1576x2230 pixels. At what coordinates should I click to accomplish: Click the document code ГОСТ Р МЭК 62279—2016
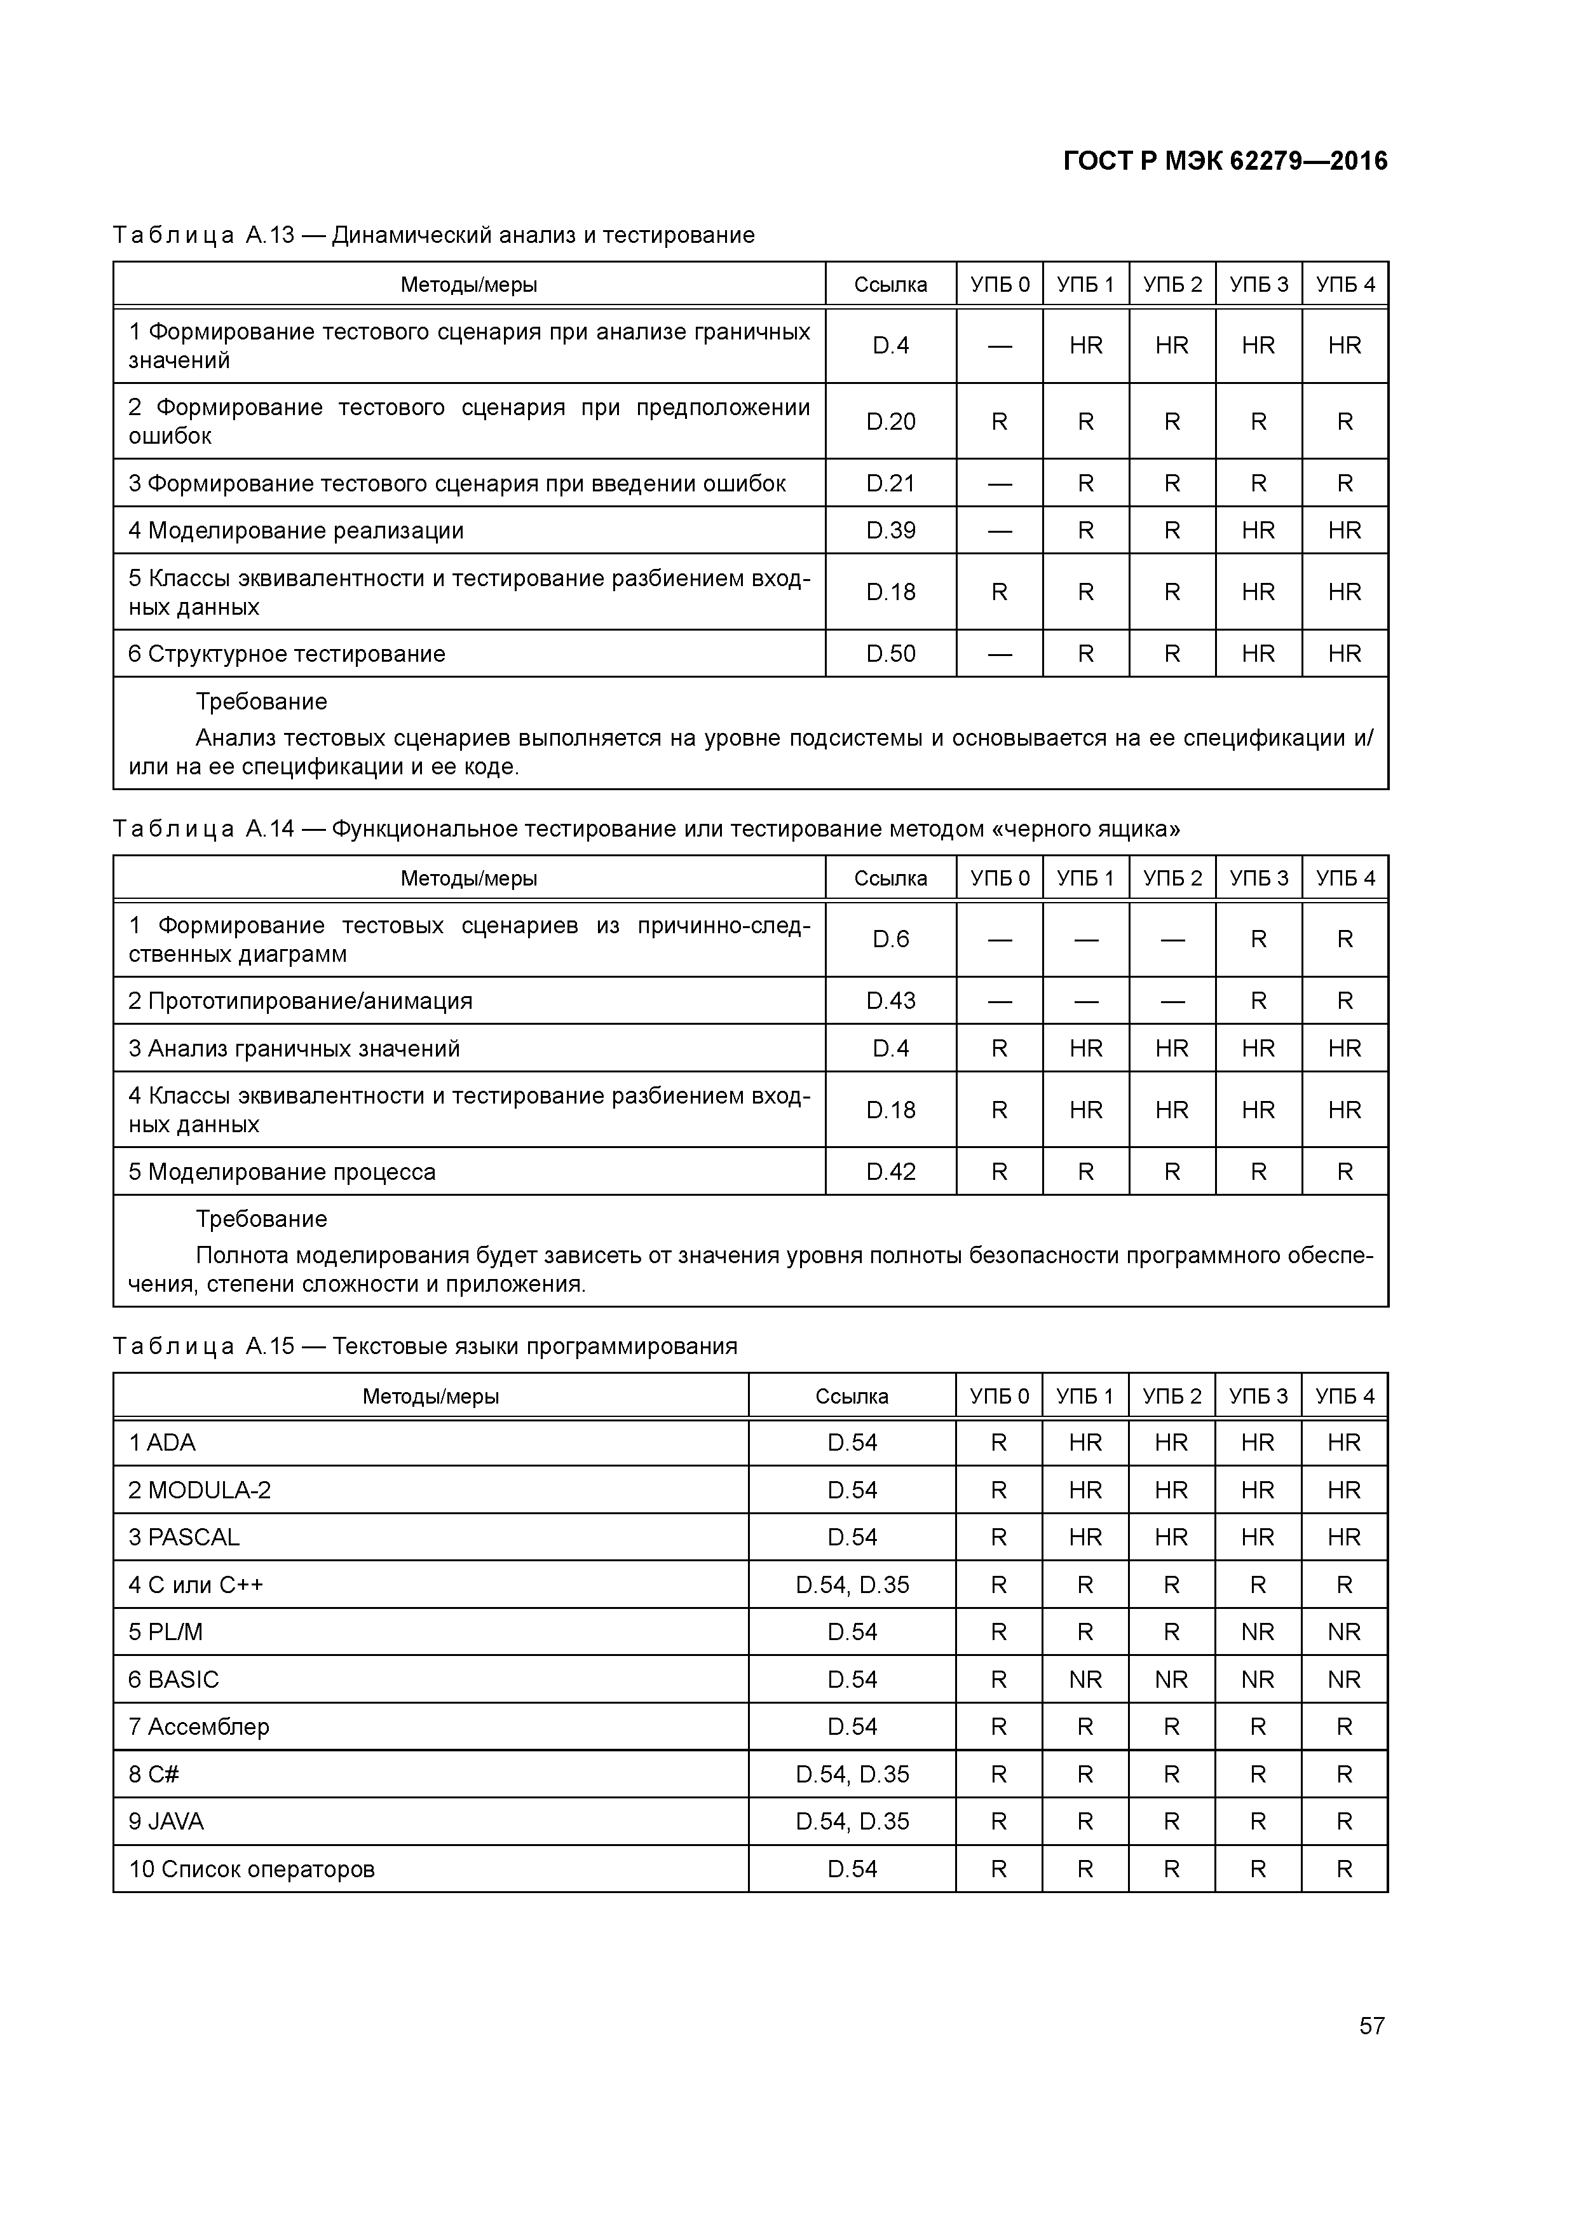point(1225,161)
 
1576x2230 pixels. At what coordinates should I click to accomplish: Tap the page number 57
point(1371,2025)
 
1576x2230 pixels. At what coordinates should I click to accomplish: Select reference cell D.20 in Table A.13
point(890,421)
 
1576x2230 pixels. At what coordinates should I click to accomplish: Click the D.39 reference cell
point(890,530)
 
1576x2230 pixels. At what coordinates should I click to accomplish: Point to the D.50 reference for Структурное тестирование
point(890,653)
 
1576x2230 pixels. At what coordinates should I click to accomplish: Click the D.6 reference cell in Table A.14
point(890,939)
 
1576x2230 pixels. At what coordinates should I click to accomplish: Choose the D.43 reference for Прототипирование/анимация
point(890,1001)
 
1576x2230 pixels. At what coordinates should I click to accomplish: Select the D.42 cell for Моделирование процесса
point(890,1172)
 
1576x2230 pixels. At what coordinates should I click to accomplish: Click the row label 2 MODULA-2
point(200,1490)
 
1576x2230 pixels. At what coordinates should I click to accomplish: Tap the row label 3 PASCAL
point(184,1538)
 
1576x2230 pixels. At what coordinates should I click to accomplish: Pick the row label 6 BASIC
point(174,1679)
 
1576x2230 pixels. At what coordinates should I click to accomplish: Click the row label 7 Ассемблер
point(199,1727)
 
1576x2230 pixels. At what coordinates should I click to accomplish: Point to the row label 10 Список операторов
point(252,1869)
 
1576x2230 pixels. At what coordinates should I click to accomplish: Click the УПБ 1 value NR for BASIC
point(1085,1679)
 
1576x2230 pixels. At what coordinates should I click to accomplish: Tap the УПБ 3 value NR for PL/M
point(1258,1632)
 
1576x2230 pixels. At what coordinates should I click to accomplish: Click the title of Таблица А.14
point(646,828)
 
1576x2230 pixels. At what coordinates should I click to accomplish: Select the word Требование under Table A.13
point(261,701)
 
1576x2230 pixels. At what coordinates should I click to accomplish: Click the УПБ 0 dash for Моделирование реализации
point(999,530)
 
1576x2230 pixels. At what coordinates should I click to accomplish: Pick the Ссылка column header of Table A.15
point(852,1396)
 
